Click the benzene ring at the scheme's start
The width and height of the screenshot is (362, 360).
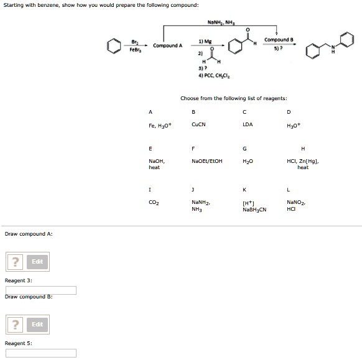pos(113,46)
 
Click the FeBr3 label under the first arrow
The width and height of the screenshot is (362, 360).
pos(135,50)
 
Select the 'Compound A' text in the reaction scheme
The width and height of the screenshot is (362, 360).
pos(168,45)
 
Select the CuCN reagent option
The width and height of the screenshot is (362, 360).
pos(198,124)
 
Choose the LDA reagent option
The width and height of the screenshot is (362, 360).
pos(248,124)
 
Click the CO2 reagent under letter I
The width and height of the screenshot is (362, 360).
pos(153,202)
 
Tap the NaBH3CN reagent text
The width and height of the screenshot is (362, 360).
pos(254,210)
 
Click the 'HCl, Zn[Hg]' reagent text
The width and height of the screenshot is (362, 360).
pos(303,160)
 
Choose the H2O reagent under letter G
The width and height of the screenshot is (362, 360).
pos(247,160)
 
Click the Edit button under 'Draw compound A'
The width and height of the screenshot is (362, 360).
pos(37,262)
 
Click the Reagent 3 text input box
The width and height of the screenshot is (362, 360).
pos(41,290)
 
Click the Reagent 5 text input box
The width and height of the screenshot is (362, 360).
pos(41,353)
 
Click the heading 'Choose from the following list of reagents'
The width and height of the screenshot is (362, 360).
pos(233,98)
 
